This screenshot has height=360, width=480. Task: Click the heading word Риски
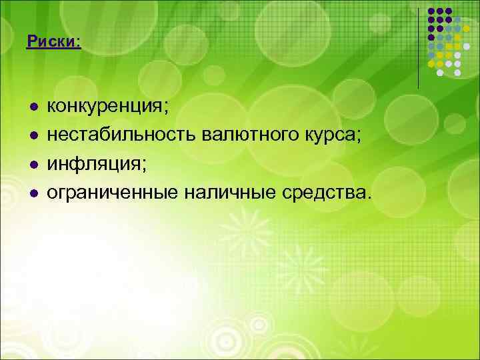pyautogui.click(x=51, y=42)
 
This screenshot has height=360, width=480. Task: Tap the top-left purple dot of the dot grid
pyautogui.click(x=431, y=12)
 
